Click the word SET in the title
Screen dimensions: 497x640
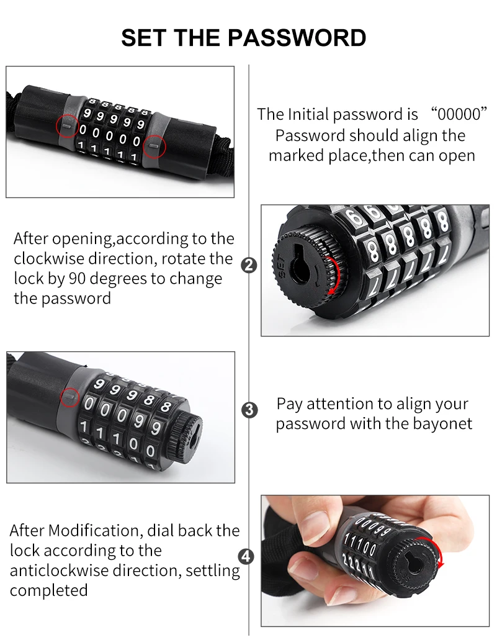145,38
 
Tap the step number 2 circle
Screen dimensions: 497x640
249,266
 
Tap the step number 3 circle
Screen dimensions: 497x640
249,409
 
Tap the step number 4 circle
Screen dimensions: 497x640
246,557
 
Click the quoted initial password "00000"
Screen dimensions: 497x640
459,114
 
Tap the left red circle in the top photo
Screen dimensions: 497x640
68,126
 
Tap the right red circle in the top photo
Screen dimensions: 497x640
154,146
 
